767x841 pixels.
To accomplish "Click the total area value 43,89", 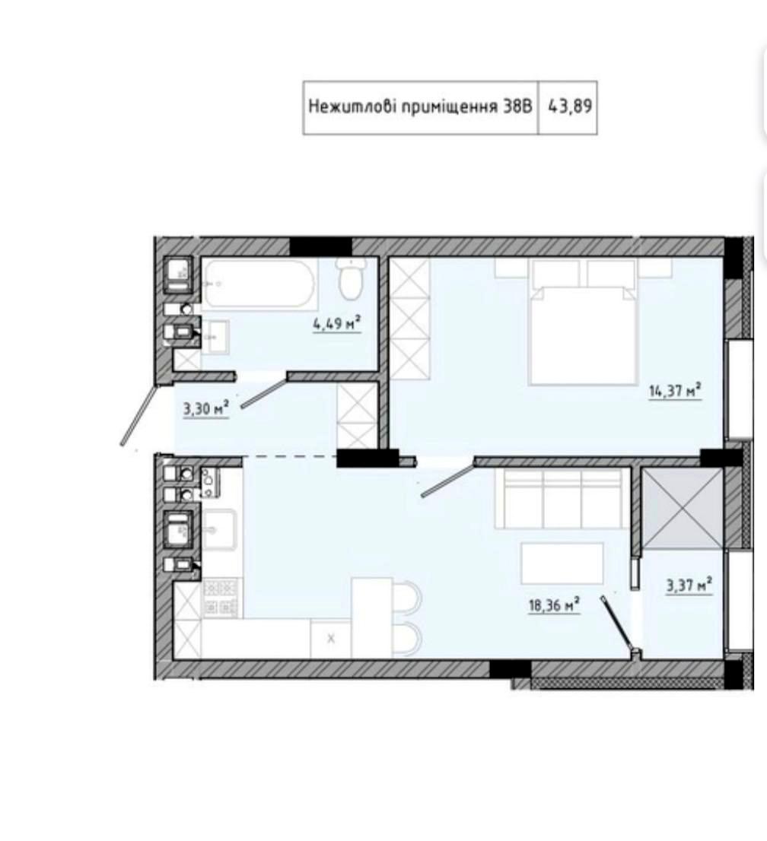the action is (x=569, y=106).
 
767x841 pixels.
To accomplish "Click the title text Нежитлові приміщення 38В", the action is (x=420, y=106).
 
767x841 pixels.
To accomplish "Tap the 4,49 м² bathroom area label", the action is (x=336, y=323).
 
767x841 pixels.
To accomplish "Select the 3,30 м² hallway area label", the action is (x=206, y=409).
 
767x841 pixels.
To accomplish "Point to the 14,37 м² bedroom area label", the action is (x=675, y=391).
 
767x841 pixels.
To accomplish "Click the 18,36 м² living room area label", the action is (x=555, y=605).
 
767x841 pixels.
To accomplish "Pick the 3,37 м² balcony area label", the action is (x=689, y=585).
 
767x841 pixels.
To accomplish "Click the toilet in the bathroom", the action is (x=351, y=279).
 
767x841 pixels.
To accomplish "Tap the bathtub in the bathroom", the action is (x=259, y=284).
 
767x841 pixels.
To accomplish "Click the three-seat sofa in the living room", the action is (x=562, y=498).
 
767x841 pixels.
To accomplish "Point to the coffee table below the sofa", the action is (x=562, y=563).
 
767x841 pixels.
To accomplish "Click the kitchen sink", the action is (x=219, y=528).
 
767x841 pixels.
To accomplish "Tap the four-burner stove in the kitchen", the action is (x=221, y=598).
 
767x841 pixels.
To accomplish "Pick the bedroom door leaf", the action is (x=447, y=479).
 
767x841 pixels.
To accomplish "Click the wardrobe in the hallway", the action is (x=357, y=416).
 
